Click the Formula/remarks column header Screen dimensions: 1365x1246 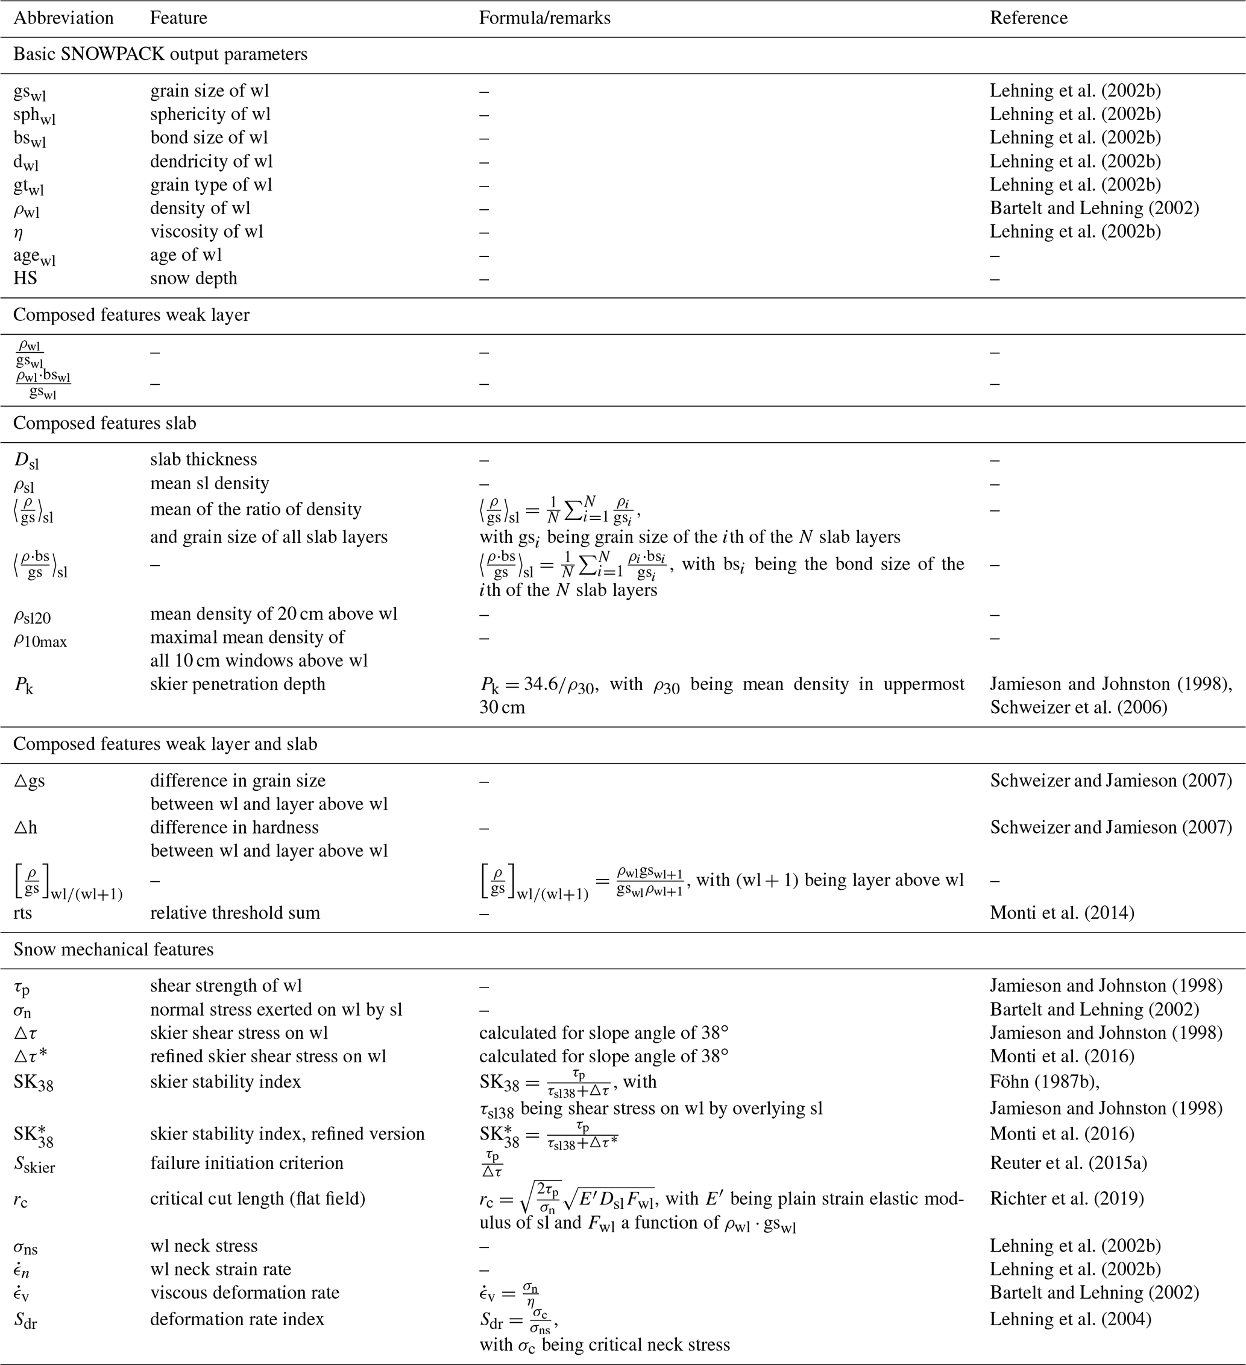(544, 17)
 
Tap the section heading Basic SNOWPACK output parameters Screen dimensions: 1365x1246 (160, 54)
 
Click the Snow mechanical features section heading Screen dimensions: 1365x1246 (113, 949)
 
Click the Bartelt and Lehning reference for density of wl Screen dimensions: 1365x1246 (1093, 208)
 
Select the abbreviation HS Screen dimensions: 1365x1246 (25, 278)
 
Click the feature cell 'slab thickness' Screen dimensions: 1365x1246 (203, 459)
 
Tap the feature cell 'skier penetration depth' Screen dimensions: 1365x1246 (237, 684)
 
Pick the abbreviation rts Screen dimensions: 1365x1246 (22, 913)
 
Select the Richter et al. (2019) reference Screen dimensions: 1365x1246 (1066, 1199)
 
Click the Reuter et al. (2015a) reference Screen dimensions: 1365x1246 (1068, 1162)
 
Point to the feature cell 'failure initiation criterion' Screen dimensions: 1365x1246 (247, 1162)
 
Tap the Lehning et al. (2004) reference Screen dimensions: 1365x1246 (1070, 1319)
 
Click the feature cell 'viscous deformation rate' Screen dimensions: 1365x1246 (244, 1293)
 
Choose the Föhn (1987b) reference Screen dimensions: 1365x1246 (1044, 1082)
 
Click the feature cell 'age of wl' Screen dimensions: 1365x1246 (186, 255)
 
